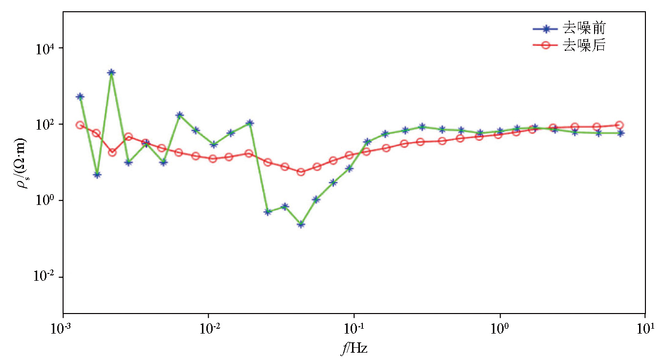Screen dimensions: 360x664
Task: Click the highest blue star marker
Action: pos(111,72)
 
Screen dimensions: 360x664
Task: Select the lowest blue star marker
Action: pos(301,225)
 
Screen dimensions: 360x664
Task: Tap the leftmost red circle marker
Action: pos(80,125)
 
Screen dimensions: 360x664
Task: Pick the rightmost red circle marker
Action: pos(619,125)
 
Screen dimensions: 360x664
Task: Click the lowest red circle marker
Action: pos(301,172)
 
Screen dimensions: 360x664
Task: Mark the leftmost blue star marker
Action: pos(80,97)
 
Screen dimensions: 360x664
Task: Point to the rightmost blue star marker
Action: pos(620,133)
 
